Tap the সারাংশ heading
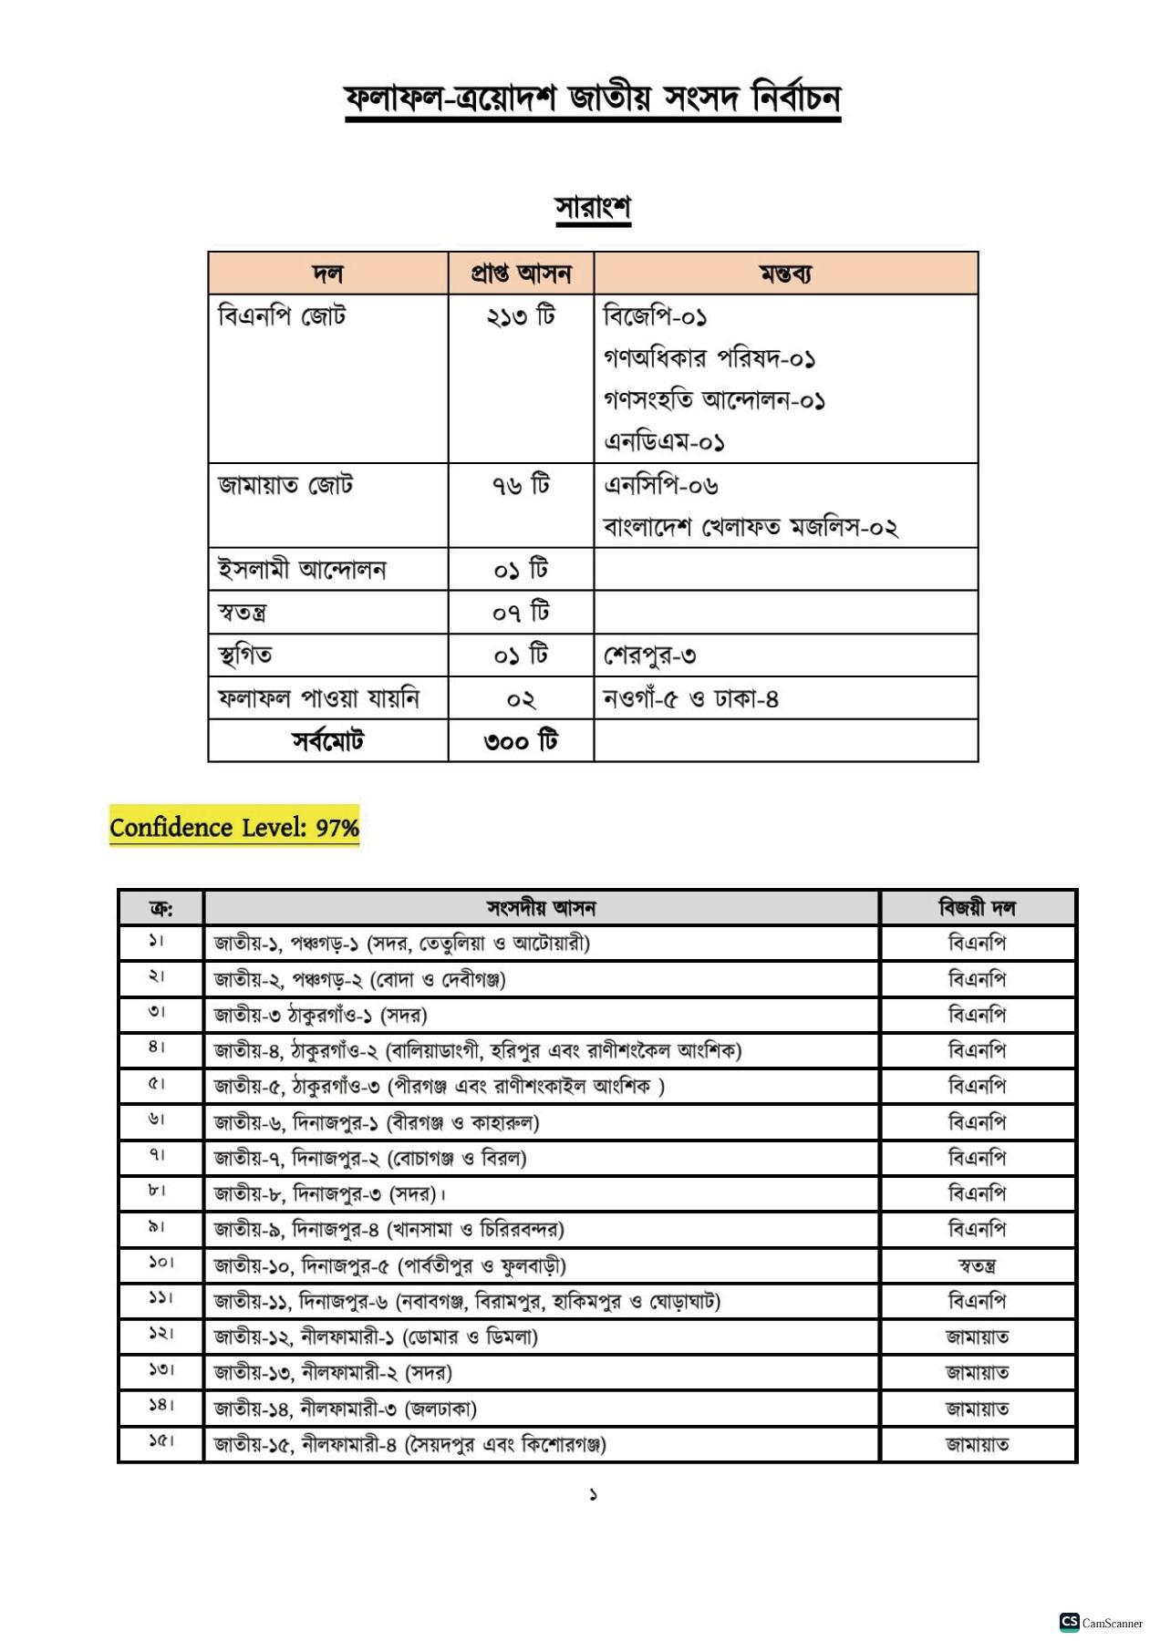(593, 208)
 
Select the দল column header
(327, 273)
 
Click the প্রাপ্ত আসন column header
(521, 273)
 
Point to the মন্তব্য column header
(785, 273)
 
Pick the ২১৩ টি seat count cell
(521, 316)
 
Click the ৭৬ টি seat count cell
(521, 485)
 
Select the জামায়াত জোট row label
(285, 485)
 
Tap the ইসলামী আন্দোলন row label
(302, 570)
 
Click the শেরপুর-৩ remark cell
(650, 655)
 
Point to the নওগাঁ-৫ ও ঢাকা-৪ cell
(690, 699)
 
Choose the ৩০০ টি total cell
(521, 741)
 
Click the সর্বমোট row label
(327, 741)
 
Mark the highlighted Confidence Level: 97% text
(234, 828)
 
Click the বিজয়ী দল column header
(977, 908)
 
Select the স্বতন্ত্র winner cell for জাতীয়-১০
(977, 1265)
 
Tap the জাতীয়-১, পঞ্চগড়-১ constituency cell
(402, 943)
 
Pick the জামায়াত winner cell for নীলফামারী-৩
(977, 1409)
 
